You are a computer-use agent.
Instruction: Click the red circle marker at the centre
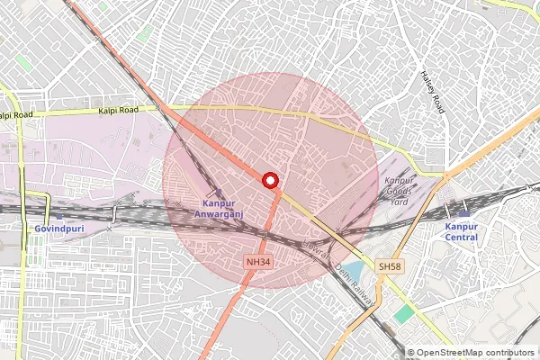pos(270,180)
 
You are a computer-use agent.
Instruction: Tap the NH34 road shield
pos(256,261)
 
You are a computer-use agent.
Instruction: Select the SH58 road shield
pos(389,267)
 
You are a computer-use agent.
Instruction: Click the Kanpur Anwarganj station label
pos(217,209)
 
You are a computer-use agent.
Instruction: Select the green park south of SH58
pos(404,313)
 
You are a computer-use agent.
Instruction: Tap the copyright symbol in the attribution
pos(410,353)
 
